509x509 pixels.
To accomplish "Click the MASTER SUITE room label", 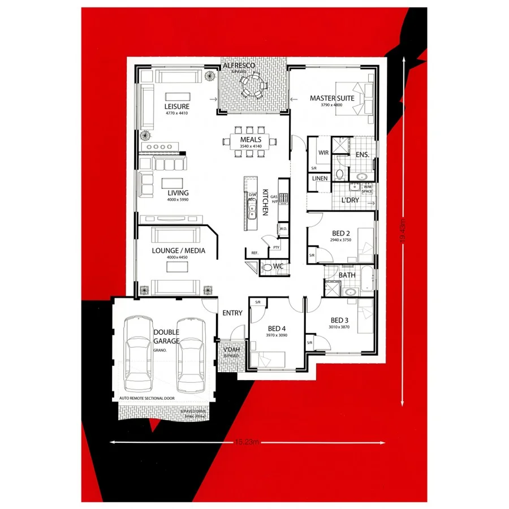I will click(x=332, y=98).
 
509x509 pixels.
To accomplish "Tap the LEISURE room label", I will click(x=177, y=106).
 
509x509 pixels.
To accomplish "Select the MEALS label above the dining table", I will click(x=251, y=139).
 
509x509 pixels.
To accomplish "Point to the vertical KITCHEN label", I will click(x=264, y=202).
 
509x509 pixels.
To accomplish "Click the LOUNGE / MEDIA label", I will click(x=178, y=251).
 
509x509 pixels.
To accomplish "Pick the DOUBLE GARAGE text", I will click(x=166, y=337).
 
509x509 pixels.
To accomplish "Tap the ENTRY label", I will click(x=232, y=313).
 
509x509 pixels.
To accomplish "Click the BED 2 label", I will click(x=340, y=234).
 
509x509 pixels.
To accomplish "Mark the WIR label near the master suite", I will click(x=323, y=153).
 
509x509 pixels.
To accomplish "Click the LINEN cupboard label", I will click(x=320, y=179).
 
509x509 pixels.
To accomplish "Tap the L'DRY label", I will click(x=350, y=200).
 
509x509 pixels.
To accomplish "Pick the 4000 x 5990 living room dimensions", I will click(x=177, y=200).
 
